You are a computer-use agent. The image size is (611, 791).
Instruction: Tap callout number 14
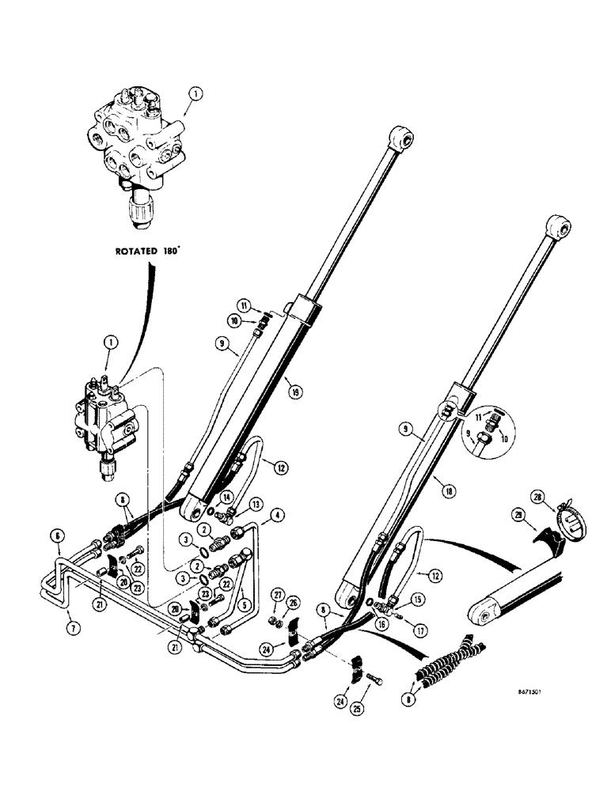(226, 496)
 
